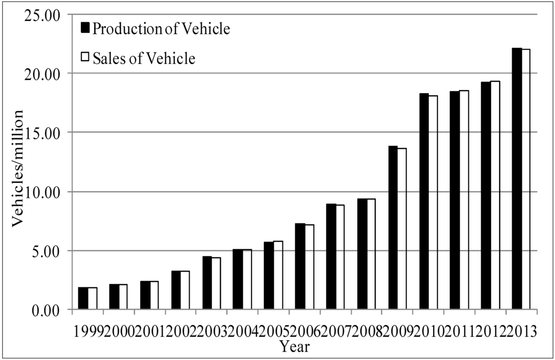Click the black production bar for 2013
517,179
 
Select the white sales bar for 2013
526,179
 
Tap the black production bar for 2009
393,228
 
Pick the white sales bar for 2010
433,203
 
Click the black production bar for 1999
83,299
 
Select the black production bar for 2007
331,257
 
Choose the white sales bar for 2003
216,284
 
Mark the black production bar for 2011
455,201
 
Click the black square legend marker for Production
85,28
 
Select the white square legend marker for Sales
85,57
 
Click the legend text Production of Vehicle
162,29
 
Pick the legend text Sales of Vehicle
144,58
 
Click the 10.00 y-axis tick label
41,191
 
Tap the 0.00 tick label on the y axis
44,310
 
